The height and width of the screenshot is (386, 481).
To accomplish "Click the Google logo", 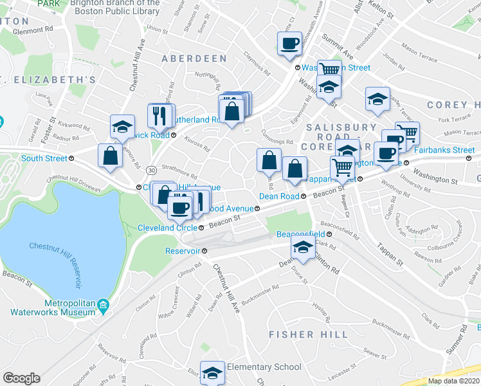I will [22, 378].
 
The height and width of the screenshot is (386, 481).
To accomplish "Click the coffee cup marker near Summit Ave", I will [289, 44].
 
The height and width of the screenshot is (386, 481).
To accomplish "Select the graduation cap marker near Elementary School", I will [212, 372].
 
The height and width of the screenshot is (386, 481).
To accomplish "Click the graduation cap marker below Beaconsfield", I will [302, 246].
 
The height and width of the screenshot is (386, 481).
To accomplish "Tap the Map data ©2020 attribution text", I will [453, 381].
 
